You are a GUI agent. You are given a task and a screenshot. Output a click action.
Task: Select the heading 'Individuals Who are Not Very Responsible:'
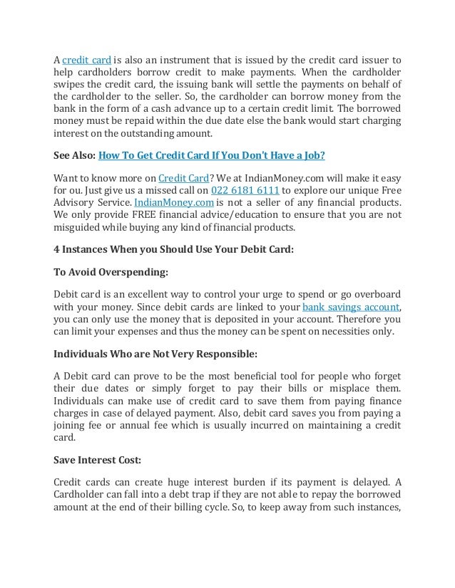click(x=155, y=354)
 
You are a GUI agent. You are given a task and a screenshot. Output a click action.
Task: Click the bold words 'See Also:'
click(x=74, y=154)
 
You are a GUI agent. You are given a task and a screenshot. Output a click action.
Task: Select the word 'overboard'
click(x=375, y=295)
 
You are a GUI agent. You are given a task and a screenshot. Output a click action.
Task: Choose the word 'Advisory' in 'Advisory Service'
click(x=78, y=204)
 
